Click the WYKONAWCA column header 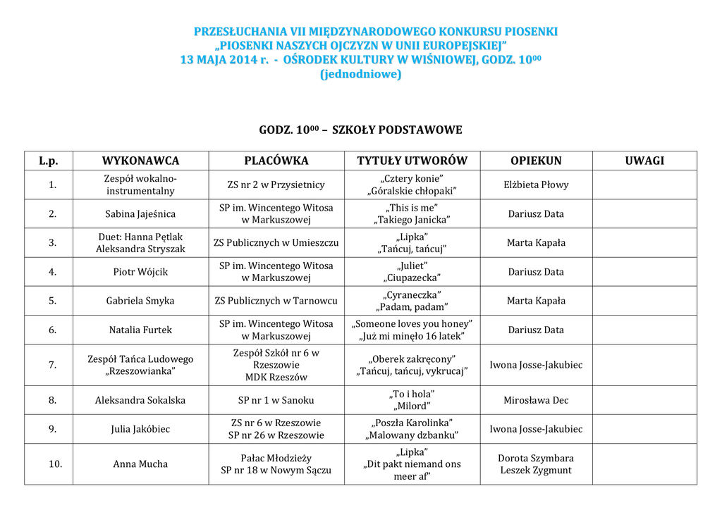coord(140,161)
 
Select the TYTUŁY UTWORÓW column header coord(412,161)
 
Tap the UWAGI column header coord(644,161)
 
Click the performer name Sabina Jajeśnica coord(140,213)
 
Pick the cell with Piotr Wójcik coord(140,272)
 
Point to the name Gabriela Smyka coord(140,301)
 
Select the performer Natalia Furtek coord(140,330)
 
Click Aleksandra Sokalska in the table coord(140,400)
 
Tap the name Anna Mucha coord(140,464)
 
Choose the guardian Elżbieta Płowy coord(536,185)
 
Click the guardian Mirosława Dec coord(536,400)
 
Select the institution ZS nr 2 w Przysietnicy coord(276,185)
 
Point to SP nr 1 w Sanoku coord(276,400)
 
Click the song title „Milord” coord(412,406)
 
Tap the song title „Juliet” coord(412,266)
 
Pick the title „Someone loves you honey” coord(412,323)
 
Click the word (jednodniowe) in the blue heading coord(360,74)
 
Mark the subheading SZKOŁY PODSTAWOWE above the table coord(397,130)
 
